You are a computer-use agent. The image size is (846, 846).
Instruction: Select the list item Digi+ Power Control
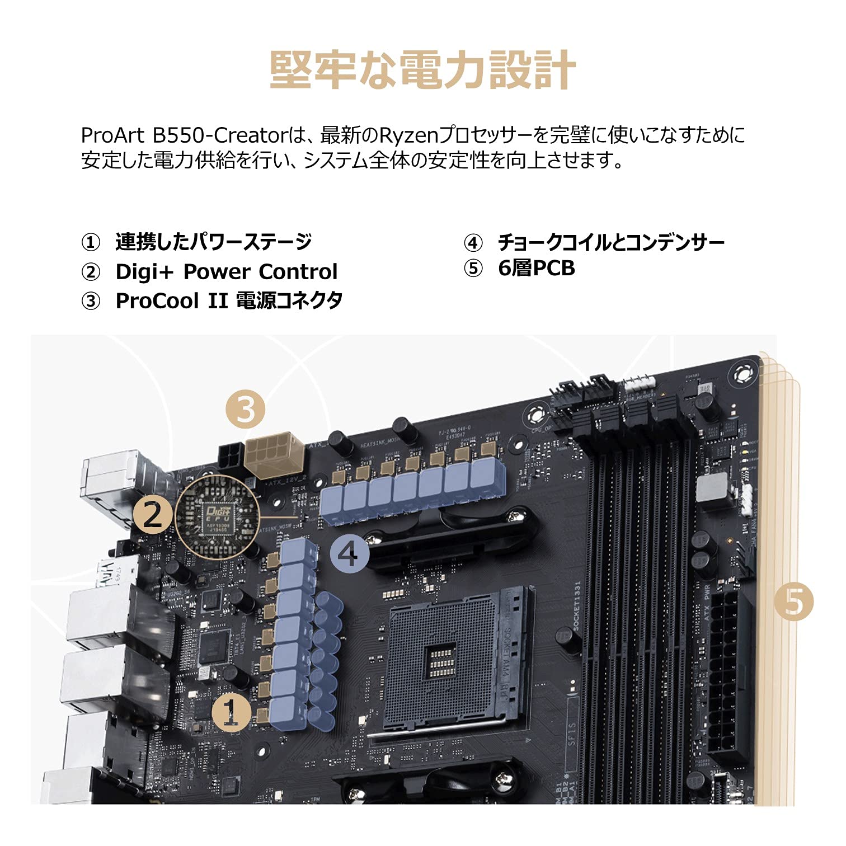click(226, 271)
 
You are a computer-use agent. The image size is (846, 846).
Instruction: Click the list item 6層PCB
click(536, 269)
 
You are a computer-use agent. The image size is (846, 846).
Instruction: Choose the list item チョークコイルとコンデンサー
click(610, 242)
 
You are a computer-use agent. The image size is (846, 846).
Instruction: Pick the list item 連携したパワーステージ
click(213, 242)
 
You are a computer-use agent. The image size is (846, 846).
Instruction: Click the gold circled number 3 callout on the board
click(246, 411)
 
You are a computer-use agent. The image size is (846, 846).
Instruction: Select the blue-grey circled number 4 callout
click(349, 554)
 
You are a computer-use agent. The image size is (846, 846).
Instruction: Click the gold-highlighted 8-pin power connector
click(274, 455)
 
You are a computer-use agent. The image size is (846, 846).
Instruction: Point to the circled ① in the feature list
click(91, 243)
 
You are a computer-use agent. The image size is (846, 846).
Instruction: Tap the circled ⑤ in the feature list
click(473, 269)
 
